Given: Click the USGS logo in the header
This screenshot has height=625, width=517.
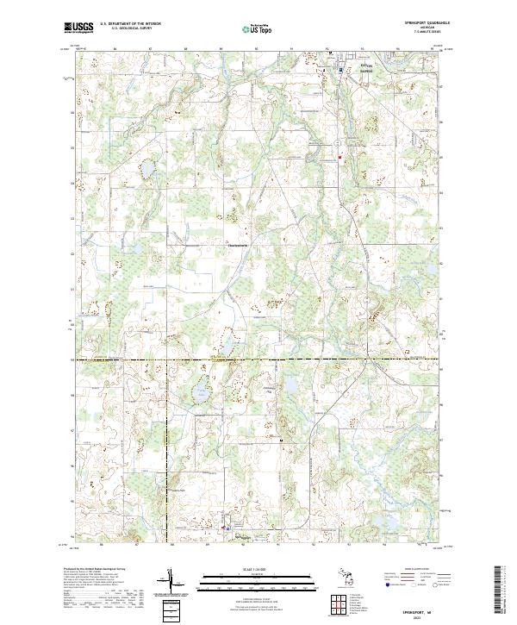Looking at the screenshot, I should click(x=78, y=28).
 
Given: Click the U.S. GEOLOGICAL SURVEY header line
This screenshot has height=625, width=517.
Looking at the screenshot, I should click(x=124, y=29).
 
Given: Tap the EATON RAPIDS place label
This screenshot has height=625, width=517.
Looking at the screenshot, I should click(x=367, y=71).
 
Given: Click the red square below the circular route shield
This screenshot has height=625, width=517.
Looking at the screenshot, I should click(x=339, y=157).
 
